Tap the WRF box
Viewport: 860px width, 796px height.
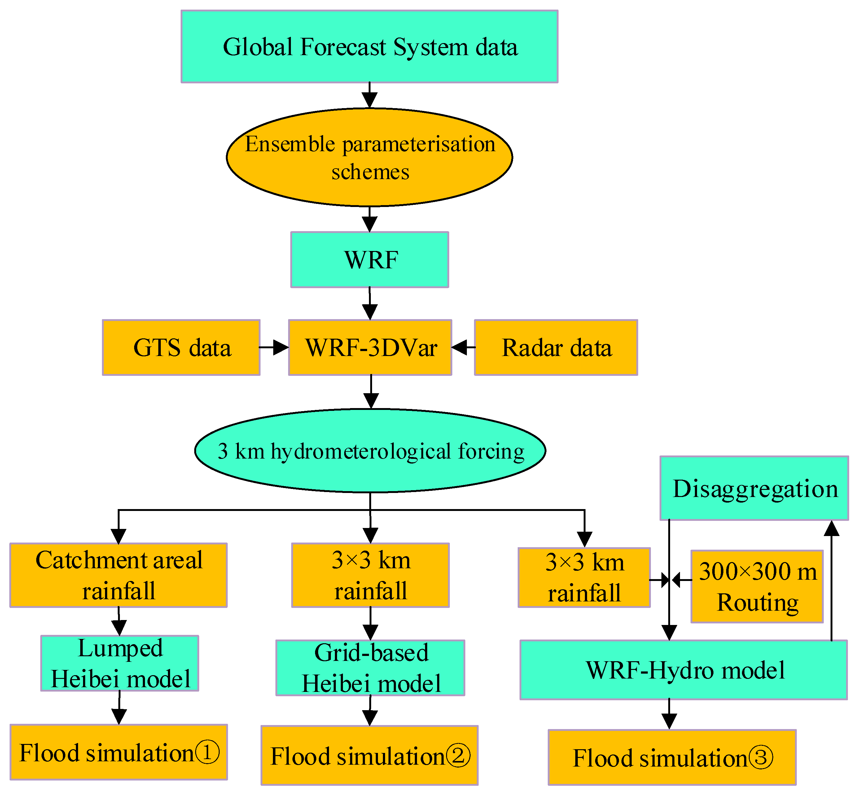[x=370, y=260]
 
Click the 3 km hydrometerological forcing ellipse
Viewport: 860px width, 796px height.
[x=370, y=451]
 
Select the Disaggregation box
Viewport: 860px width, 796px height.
[x=754, y=488]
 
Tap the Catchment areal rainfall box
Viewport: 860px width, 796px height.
[x=118, y=575]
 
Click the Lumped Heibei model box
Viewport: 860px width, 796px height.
[x=120, y=663]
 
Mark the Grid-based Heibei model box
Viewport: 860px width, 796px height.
[x=370, y=668]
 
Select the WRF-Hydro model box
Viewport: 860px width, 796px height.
[x=683, y=670]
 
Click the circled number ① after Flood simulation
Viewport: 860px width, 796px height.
[x=207, y=753]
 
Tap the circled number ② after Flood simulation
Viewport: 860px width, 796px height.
[x=458, y=756]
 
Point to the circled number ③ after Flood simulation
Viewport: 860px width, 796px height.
[x=761, y=758]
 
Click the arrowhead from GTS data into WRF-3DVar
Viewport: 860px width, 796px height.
[x=281, y=347]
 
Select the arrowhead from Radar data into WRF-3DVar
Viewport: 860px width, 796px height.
[x=459, y=347]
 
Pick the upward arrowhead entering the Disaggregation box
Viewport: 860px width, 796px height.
[x=831, y=529]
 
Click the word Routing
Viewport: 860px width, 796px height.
[x=757, y=602]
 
